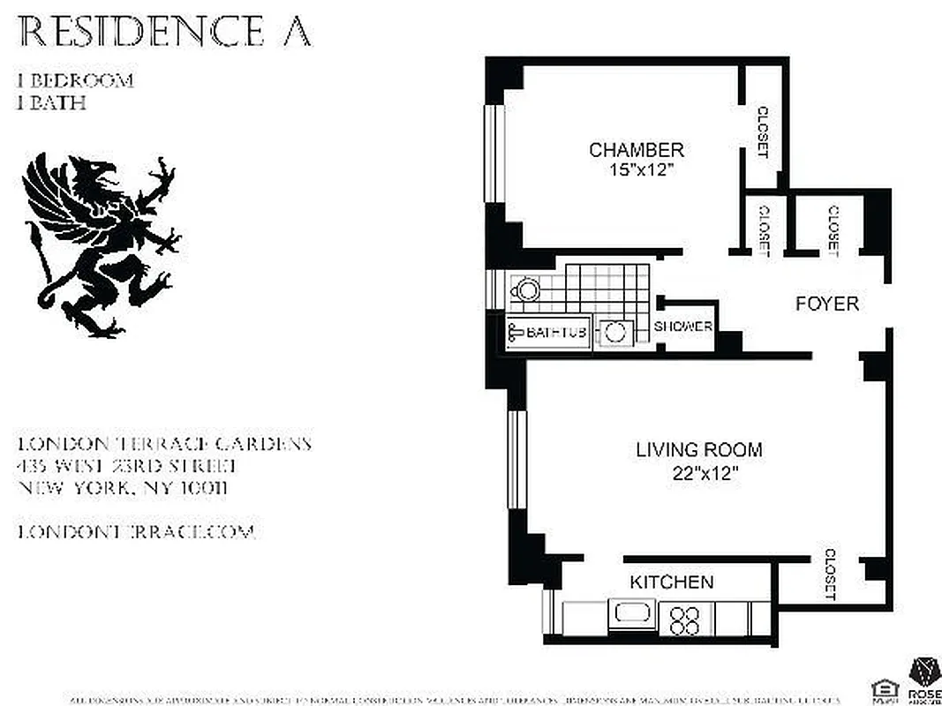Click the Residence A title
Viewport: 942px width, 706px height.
tap(164, 32)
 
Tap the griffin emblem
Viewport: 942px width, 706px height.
tap(100, 245)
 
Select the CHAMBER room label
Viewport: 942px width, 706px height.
tap(637, 150)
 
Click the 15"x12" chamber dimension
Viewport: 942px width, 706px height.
tap(637, 169)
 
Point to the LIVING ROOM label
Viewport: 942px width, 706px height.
tap(698, 450)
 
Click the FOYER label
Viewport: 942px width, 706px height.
tap(826, 304)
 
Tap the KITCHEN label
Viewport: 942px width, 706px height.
tap(671, 582)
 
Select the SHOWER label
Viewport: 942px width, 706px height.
tap(683, 327)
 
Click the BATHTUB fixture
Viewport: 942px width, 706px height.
tap(547, 333)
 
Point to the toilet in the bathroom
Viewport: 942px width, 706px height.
tap(525, 289)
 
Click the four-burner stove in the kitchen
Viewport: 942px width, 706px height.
tap(684, 617)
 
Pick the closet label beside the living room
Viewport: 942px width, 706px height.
tap(829, 575)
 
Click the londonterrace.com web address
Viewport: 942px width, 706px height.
tap(136, 532)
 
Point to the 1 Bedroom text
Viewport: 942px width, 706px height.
tap(76, 81)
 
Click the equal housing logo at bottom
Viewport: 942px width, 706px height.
tap(881, 688)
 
